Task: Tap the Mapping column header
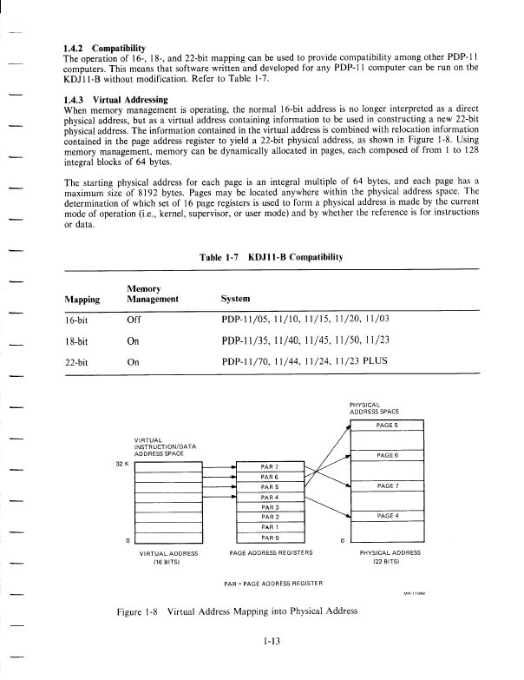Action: pos(82,299)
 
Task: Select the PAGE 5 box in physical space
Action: pos(386,425)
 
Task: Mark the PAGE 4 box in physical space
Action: pos(386,516)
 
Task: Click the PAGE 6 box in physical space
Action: pos(386,455)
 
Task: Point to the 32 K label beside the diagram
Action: pos(121,463)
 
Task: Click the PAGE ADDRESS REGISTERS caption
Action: pos(271,552)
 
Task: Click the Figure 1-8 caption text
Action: pos(237,611)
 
